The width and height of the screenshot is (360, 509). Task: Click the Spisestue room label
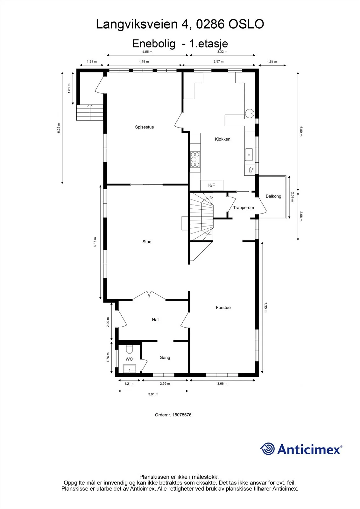coord(145,127)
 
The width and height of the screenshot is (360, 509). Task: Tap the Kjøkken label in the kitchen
coord(222,139)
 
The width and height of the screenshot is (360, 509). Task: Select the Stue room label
coord(147,242)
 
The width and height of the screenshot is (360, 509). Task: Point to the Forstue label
coord(223,307)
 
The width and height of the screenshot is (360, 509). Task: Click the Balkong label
coord(273,196)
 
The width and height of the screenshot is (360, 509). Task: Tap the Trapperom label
coord(243,207)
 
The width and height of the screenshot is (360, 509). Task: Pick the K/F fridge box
coord(212,185)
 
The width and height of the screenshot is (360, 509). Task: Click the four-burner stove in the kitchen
coord(195,159)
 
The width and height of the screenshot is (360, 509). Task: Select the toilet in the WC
coord(130,350)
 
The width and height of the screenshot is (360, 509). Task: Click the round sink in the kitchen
coord(250,114)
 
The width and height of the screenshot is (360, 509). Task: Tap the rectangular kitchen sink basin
coord(249,155)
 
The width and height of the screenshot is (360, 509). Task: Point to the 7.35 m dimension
coord(265,307)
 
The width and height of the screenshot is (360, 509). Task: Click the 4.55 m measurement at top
coord(147,52)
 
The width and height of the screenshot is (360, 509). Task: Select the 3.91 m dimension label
coord(153,394)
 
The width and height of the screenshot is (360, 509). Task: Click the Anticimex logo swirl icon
coord(267,449)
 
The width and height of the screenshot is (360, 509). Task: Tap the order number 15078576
coord(182,415)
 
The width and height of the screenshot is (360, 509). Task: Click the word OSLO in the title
coord(246,24)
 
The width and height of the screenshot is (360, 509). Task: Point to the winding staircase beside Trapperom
coord(201,216)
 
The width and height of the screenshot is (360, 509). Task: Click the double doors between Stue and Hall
coord(149,296)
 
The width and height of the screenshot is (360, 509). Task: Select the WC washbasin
coord(130,369)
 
